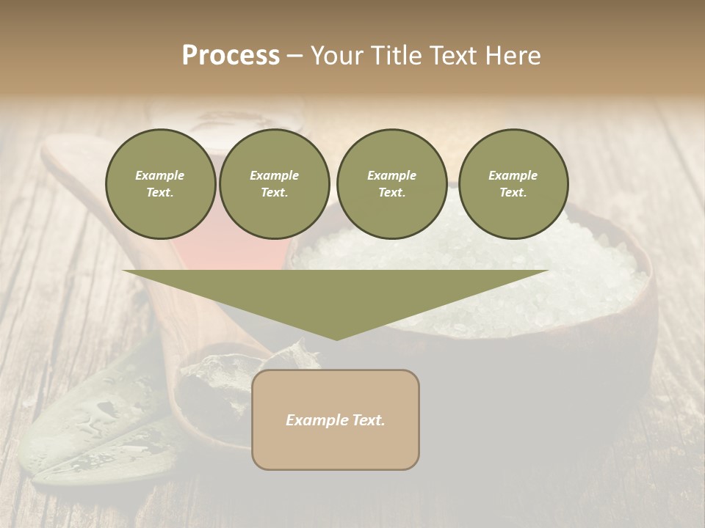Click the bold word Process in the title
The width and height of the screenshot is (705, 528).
(x=231, y=56)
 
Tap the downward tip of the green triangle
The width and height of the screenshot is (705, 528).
(x=336, y=337)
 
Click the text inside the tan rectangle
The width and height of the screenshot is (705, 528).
(x=336, y=420)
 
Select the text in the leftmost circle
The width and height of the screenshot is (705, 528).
(x=160, y=184)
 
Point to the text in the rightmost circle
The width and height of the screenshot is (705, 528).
(x=513, y=184)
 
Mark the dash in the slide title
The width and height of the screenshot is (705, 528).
(x=294, y=56)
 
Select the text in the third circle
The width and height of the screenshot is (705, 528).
(x=391, y=184)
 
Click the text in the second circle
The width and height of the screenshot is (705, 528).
(x=274, y=184)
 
